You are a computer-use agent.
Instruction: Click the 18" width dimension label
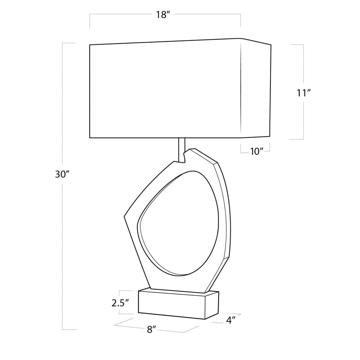[163, 15]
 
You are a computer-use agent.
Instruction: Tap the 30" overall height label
[62, 175]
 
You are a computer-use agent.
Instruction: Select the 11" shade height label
[304, 93]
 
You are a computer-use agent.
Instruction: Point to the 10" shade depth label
[257, 152]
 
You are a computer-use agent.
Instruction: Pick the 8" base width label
[152, 330]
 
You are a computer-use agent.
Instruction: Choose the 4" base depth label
[231, 320]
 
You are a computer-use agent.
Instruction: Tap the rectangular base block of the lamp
[178, 304]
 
